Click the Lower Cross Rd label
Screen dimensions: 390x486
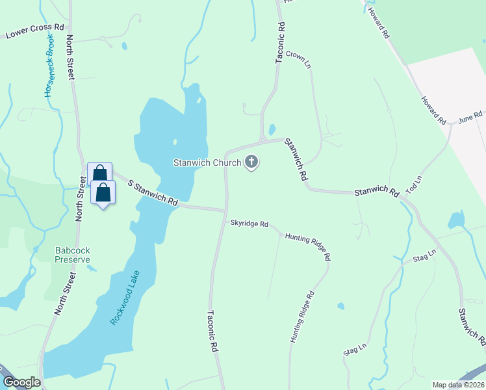[36, 31]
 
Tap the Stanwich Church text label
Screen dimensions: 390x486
[207, 162]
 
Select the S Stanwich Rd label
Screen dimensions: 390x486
[153, 193]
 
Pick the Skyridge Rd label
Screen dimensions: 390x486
[249, 224]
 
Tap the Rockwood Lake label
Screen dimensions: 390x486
[125, 296]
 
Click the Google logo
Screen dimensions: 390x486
[22, 382]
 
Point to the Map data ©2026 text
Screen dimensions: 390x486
[457, 385]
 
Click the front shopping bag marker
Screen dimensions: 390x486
[103, 193]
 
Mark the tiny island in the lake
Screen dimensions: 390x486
[174, 141]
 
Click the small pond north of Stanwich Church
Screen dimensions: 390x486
[272, 129]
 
